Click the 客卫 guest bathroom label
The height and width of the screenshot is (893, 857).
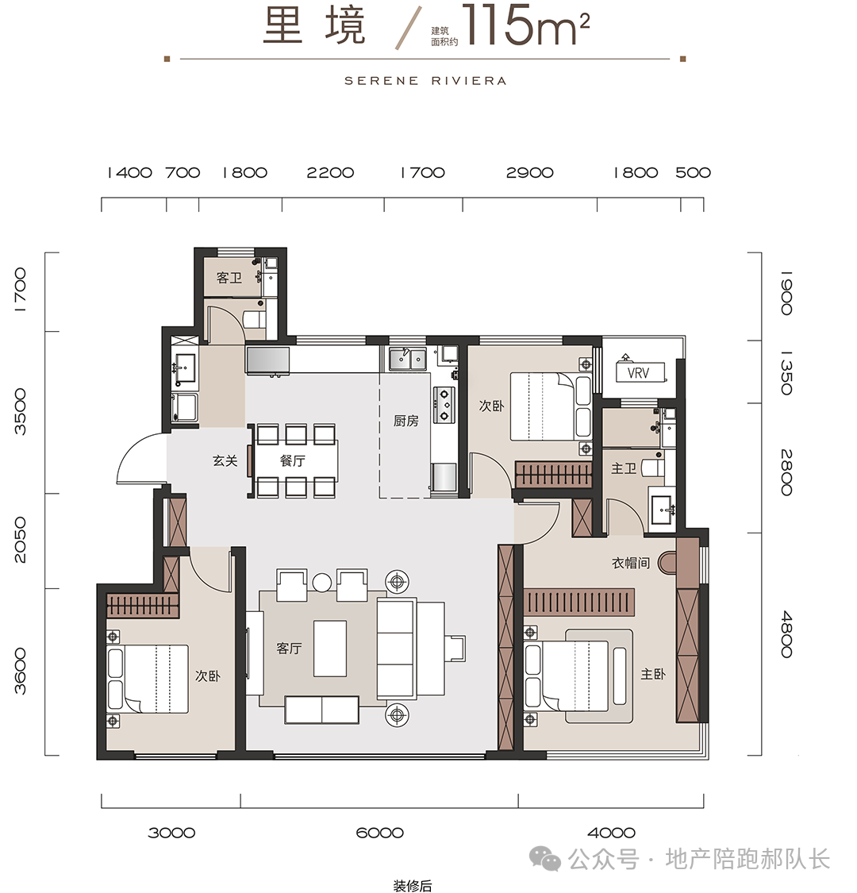[229, 278]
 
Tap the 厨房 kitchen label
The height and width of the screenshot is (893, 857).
[406, 421]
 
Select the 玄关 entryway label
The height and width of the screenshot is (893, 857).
[225, 460]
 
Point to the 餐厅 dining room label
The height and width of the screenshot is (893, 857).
[293, 460]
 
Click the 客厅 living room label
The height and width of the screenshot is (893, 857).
[289, 648]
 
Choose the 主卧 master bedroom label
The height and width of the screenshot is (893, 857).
[652, 674]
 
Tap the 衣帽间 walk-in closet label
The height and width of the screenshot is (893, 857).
[631, 564]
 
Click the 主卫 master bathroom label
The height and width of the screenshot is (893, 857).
[624, 468]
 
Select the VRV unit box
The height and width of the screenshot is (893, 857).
[638, 373]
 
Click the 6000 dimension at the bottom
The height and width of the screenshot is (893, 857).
[380, 833]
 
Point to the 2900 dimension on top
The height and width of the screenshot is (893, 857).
[529, 172]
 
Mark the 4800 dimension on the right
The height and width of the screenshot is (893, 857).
[786, 634]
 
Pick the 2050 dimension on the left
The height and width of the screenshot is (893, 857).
[20, 540]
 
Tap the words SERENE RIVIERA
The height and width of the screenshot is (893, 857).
[425, 81]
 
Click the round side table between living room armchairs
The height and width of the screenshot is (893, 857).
[321, 582]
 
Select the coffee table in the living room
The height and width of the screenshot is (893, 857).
[330, 648]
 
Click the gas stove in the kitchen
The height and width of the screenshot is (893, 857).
[444, 404]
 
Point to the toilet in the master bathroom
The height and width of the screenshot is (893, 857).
[654, 468]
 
